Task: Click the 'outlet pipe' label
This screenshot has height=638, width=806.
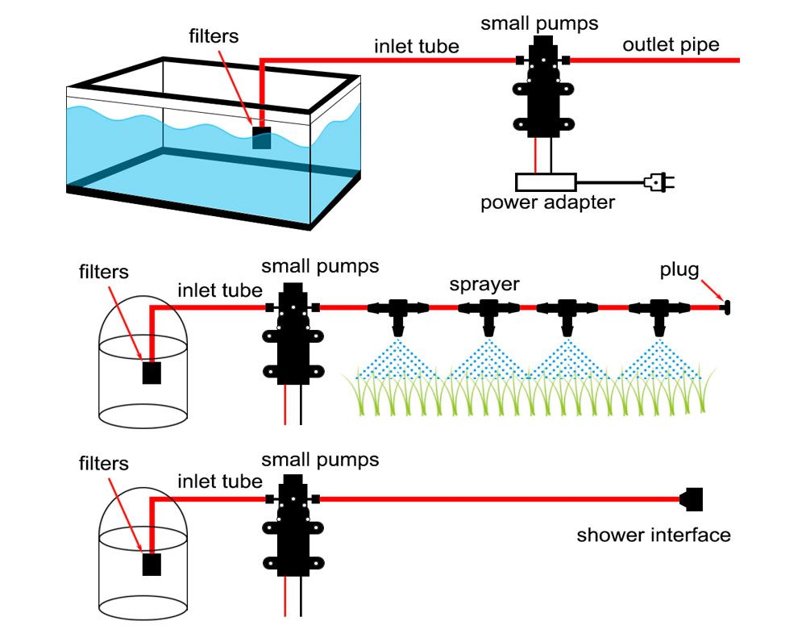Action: pos(671,44)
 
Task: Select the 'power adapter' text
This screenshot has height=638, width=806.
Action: pos(547,202)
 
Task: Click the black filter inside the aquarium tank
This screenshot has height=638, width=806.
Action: pos(262,137)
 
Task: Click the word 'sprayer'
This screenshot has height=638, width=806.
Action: pos(484,285)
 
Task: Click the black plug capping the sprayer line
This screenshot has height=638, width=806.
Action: pos(725,306)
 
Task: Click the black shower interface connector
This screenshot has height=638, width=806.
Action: pos(692,499)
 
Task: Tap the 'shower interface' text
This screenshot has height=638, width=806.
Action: pos(654,535)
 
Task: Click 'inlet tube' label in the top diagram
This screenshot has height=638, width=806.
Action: pos(416,46)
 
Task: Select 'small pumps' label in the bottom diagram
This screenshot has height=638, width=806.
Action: pos(320,461)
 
